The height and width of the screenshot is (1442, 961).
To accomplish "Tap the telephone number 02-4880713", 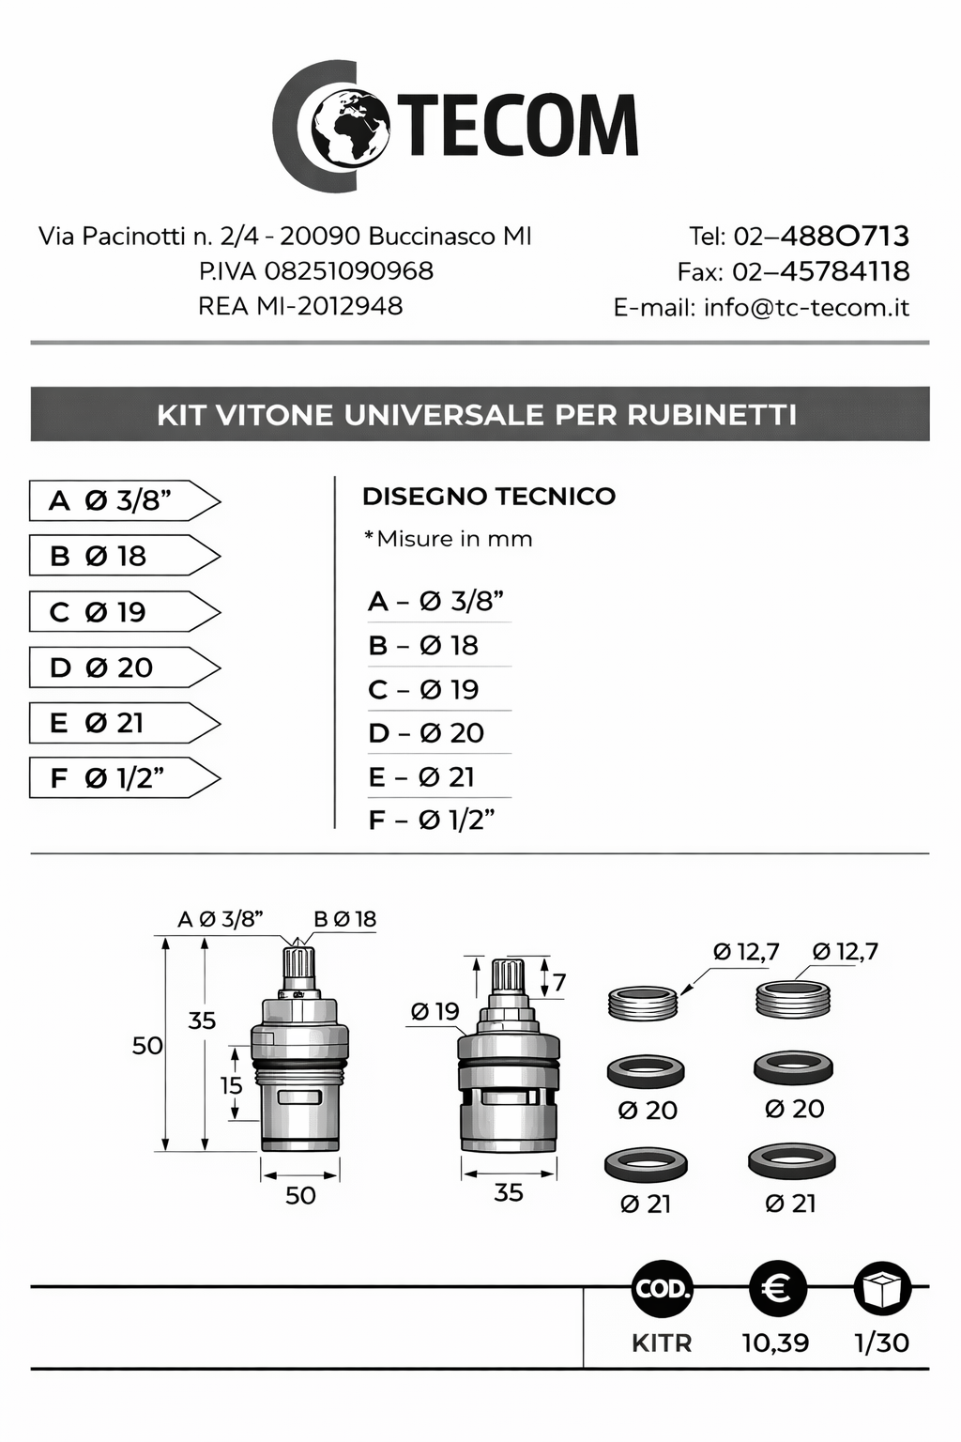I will [799, 236].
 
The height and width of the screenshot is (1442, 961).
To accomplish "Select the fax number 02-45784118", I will [793, 271].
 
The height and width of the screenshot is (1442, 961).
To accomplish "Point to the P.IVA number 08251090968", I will [316, 271].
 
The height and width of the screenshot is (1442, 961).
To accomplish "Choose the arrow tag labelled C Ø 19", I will [124, 612].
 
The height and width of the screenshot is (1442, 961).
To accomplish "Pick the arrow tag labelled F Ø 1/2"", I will [124, 778].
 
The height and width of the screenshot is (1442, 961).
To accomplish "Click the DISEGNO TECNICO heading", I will [488, 497].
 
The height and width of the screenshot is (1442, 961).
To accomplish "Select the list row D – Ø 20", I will [426, 733].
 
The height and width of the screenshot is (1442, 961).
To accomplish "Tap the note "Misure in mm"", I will [449, 539].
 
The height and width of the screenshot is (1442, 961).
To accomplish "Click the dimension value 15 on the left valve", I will [231, 1085].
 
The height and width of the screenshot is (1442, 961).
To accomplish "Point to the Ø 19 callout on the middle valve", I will [435, 1011].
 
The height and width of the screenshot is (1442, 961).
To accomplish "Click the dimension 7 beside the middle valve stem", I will [559, 982].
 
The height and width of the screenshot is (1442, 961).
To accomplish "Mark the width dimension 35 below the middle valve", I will [508, 1192].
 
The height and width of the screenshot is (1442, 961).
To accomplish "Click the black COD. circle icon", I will [663, 1288].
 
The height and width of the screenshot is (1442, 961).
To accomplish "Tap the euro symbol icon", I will [777, 1288].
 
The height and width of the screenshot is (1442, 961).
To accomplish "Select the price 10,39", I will [775, 1342].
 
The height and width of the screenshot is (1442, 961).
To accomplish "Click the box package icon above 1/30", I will [882, 1288].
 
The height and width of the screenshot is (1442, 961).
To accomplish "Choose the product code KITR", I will [662, 1342].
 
